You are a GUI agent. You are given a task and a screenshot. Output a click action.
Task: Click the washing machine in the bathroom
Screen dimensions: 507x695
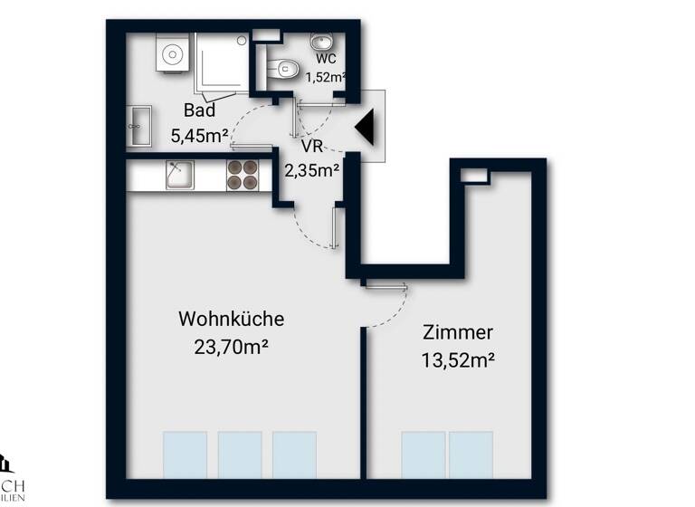[x=171, y=55]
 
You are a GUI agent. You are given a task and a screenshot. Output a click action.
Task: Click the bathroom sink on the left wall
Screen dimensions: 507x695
[x=139, y=123]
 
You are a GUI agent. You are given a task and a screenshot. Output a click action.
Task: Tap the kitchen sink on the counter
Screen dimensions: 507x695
[x=179, y=175]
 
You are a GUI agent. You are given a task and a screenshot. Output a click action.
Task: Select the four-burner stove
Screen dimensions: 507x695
[x=242, y=175]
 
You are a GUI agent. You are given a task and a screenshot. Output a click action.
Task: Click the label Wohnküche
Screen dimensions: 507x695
[x=232, y=320]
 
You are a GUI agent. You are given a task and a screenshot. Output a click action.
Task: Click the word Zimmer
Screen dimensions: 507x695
[x=457, y=332]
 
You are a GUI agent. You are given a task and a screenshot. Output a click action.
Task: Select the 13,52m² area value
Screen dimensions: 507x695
[x=457, y=359]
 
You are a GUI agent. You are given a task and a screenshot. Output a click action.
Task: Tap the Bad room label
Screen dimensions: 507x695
[x=199, y=111]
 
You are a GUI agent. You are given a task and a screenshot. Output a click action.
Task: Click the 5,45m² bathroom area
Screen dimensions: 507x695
[x=199, y=137]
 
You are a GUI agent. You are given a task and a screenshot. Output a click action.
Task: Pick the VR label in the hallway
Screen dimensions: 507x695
[x=312, y=145]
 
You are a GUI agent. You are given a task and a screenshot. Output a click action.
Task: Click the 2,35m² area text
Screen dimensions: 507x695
[x=312, y=168]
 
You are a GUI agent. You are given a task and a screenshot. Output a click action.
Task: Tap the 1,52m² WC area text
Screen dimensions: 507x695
[x=326, y=77]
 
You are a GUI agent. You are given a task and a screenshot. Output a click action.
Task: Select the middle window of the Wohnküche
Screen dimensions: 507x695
[x=240, y=454]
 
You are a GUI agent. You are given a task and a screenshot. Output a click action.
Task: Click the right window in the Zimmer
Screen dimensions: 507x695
[x=471, y=454]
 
